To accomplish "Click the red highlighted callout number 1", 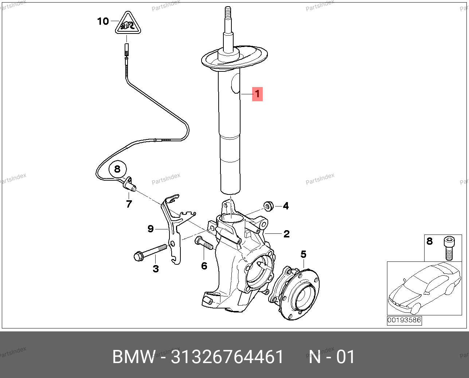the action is tap(257, 94).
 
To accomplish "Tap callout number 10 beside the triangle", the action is tap(103, 21).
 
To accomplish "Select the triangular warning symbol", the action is tap(128, 23).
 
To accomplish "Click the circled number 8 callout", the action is tap(117, 169).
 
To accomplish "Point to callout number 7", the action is tap(129, 204).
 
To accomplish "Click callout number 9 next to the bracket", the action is tap(151, 229).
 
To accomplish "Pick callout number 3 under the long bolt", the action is tap(156, 269).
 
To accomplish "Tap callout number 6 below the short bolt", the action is tap(204, 266).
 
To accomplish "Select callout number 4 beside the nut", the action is tap(286, 206).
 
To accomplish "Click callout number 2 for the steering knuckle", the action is tap(286, 234).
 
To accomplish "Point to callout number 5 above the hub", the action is tap(303, 254).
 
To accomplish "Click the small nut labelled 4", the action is tap(268, 206).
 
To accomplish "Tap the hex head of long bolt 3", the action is tap(138, 256).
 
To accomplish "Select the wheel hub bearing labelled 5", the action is tap(294, 293).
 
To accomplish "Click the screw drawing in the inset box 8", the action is tap(449, 248).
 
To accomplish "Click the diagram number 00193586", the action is tap(404, 320).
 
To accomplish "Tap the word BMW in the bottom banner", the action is tap(134, 357).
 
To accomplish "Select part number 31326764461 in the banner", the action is tap(227, 357).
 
